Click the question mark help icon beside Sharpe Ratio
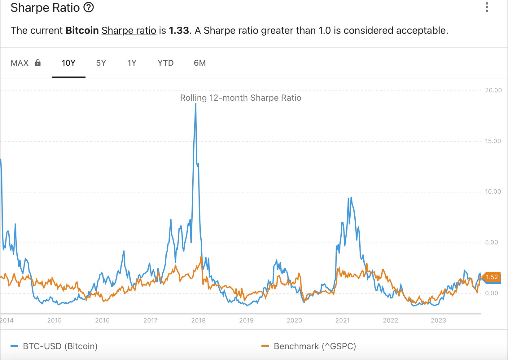89,7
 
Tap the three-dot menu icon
487,7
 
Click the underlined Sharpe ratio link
129,30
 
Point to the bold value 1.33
179,30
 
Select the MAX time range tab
20,63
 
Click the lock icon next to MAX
38,63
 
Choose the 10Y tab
68,63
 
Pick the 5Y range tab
101,63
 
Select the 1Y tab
132,63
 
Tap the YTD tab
165,63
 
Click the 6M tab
200,63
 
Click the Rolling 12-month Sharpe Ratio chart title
240,98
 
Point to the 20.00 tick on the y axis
493,90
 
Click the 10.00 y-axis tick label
493,191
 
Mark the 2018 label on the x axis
198,320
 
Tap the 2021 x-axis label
342,320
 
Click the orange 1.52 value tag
491,277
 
